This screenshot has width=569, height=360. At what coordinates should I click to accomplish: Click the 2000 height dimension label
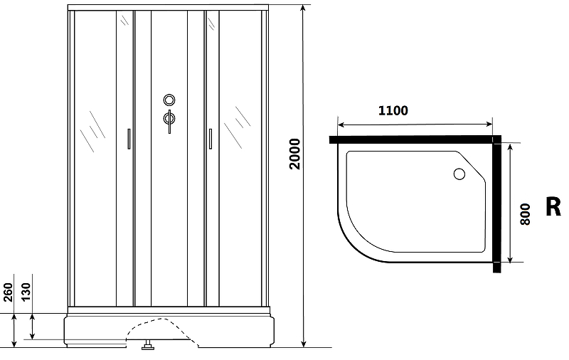click(x=295, y=154)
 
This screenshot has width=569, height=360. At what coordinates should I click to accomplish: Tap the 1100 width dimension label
click(x=393, y=110)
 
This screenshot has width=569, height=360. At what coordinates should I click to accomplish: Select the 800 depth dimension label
click(x=525, y=214)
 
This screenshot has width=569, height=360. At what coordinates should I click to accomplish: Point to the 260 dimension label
click(x=8, y=292)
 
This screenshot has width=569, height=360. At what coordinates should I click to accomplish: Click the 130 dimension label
click(x=26, y=292)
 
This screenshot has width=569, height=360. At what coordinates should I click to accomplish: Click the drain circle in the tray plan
click(x=459, y=174)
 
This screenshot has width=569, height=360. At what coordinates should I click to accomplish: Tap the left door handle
click(x=129, y=139)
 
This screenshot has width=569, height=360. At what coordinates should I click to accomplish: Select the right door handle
click(x=210, y=139)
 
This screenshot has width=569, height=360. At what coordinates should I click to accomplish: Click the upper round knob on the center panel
click(x=169, y=100)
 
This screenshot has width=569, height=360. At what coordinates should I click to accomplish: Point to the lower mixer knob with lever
click(x=169, y=120)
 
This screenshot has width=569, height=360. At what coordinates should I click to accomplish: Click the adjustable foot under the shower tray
click(x=148, y=345)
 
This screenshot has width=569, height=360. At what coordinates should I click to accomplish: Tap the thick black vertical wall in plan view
click(x=497, y=204)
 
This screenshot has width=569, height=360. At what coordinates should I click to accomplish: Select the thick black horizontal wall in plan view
click(x=415, y=139)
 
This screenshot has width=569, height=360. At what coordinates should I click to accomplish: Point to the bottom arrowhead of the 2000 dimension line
click(x=304, y=344)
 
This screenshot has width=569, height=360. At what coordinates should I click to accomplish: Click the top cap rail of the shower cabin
click(x=168, y=8)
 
